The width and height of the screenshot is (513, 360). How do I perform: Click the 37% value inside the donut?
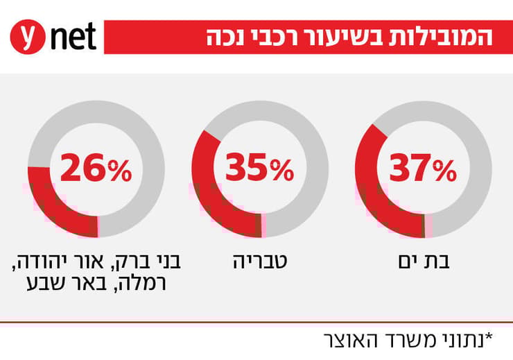(x=423, y=169)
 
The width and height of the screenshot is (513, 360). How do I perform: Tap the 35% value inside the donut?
(x=259, y=169)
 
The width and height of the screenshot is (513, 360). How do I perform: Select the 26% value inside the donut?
(x=96, y=169)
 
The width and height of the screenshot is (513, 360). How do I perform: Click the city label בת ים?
(x=422, y=262)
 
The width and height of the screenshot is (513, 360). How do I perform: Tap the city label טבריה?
(x=259, y=262)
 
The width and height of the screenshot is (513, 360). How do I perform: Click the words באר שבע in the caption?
(x=56, y=284)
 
